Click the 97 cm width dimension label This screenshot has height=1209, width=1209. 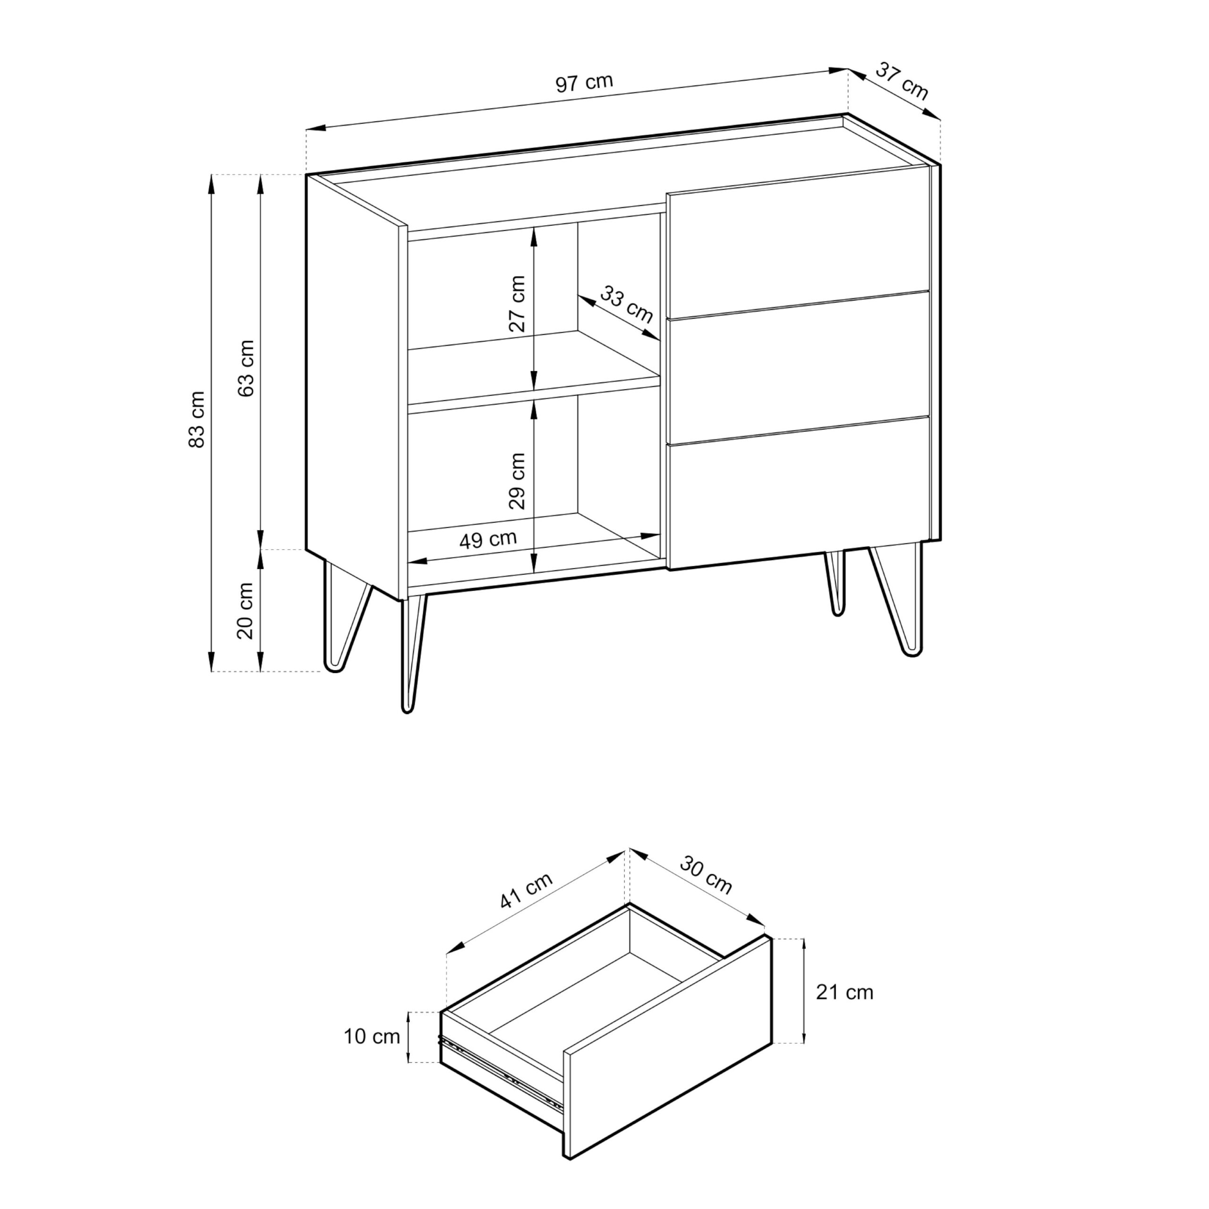coord(584,83)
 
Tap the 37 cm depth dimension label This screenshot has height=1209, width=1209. coord(901,81)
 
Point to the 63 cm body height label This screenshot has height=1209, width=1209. coord(247,368)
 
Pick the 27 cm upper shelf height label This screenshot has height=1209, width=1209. coord(517,304)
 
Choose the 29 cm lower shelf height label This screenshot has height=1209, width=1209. coord(517,481)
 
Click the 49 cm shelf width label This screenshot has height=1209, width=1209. coord(488,539)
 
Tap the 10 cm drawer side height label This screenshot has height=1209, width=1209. coord(372,1036)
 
